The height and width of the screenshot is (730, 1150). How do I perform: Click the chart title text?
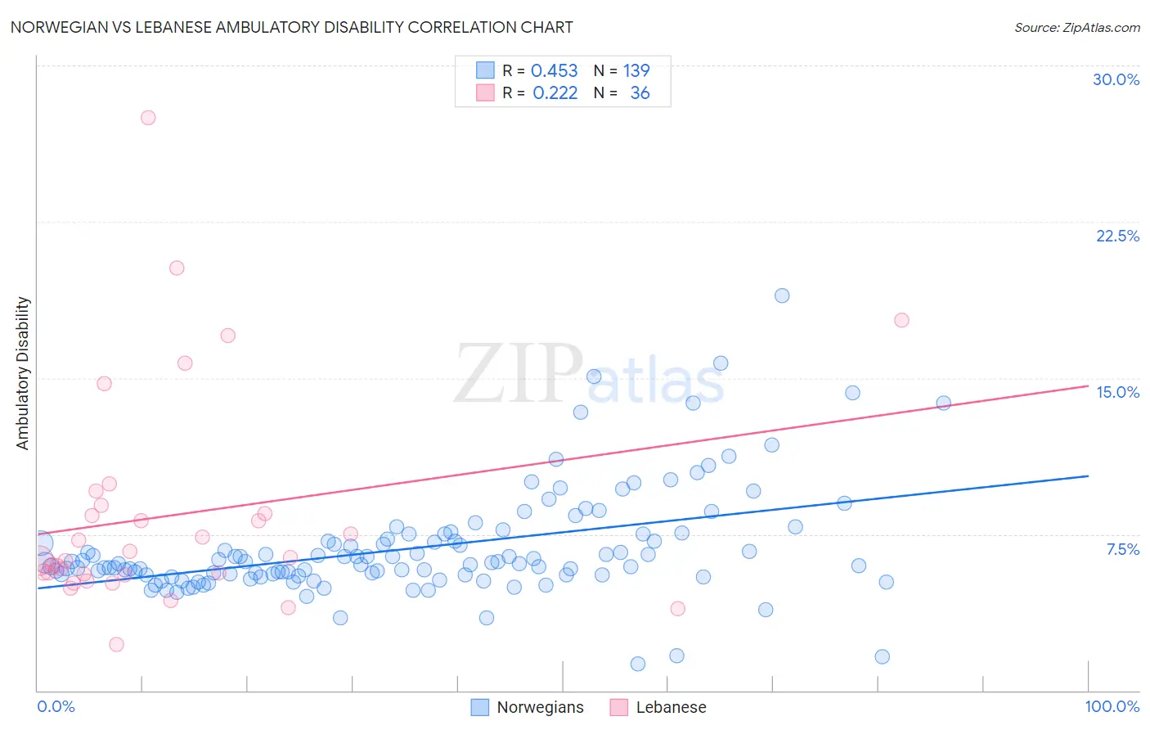(291, 27)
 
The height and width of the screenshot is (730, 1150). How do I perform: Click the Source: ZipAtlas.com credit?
(1076, 27)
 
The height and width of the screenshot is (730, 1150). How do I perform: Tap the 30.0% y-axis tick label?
(1116, 79)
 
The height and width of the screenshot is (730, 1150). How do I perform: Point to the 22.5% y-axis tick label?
(1117, 236)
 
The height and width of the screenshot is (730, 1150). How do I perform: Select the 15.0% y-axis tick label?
(1117, 392)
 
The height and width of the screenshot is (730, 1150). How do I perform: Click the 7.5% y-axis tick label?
(1122, 549)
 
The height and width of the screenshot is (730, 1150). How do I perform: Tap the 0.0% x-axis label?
(56, 706)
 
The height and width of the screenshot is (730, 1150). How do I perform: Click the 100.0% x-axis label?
(1112, 706)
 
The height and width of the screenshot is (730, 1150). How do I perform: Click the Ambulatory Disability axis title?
(23, 373)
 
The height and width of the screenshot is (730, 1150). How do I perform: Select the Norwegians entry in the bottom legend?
(540, 707)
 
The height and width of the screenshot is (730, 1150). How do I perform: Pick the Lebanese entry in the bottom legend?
(671, 707)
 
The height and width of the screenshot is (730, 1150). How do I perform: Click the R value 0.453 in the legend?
(554, 71)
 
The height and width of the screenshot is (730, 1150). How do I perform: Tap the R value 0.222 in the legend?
(555, 93)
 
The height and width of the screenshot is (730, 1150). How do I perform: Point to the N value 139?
(636, 71)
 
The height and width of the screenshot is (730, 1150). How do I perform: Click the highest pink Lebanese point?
(148, 117)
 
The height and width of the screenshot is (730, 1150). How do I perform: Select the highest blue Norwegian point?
(782, 295)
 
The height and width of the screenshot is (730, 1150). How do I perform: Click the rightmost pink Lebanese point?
(901, 320)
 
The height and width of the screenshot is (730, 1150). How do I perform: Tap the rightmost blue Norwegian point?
(943, 403)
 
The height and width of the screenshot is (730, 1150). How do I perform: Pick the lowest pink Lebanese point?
(116, 644)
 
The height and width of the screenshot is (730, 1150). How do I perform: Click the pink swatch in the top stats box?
(485, 93)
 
